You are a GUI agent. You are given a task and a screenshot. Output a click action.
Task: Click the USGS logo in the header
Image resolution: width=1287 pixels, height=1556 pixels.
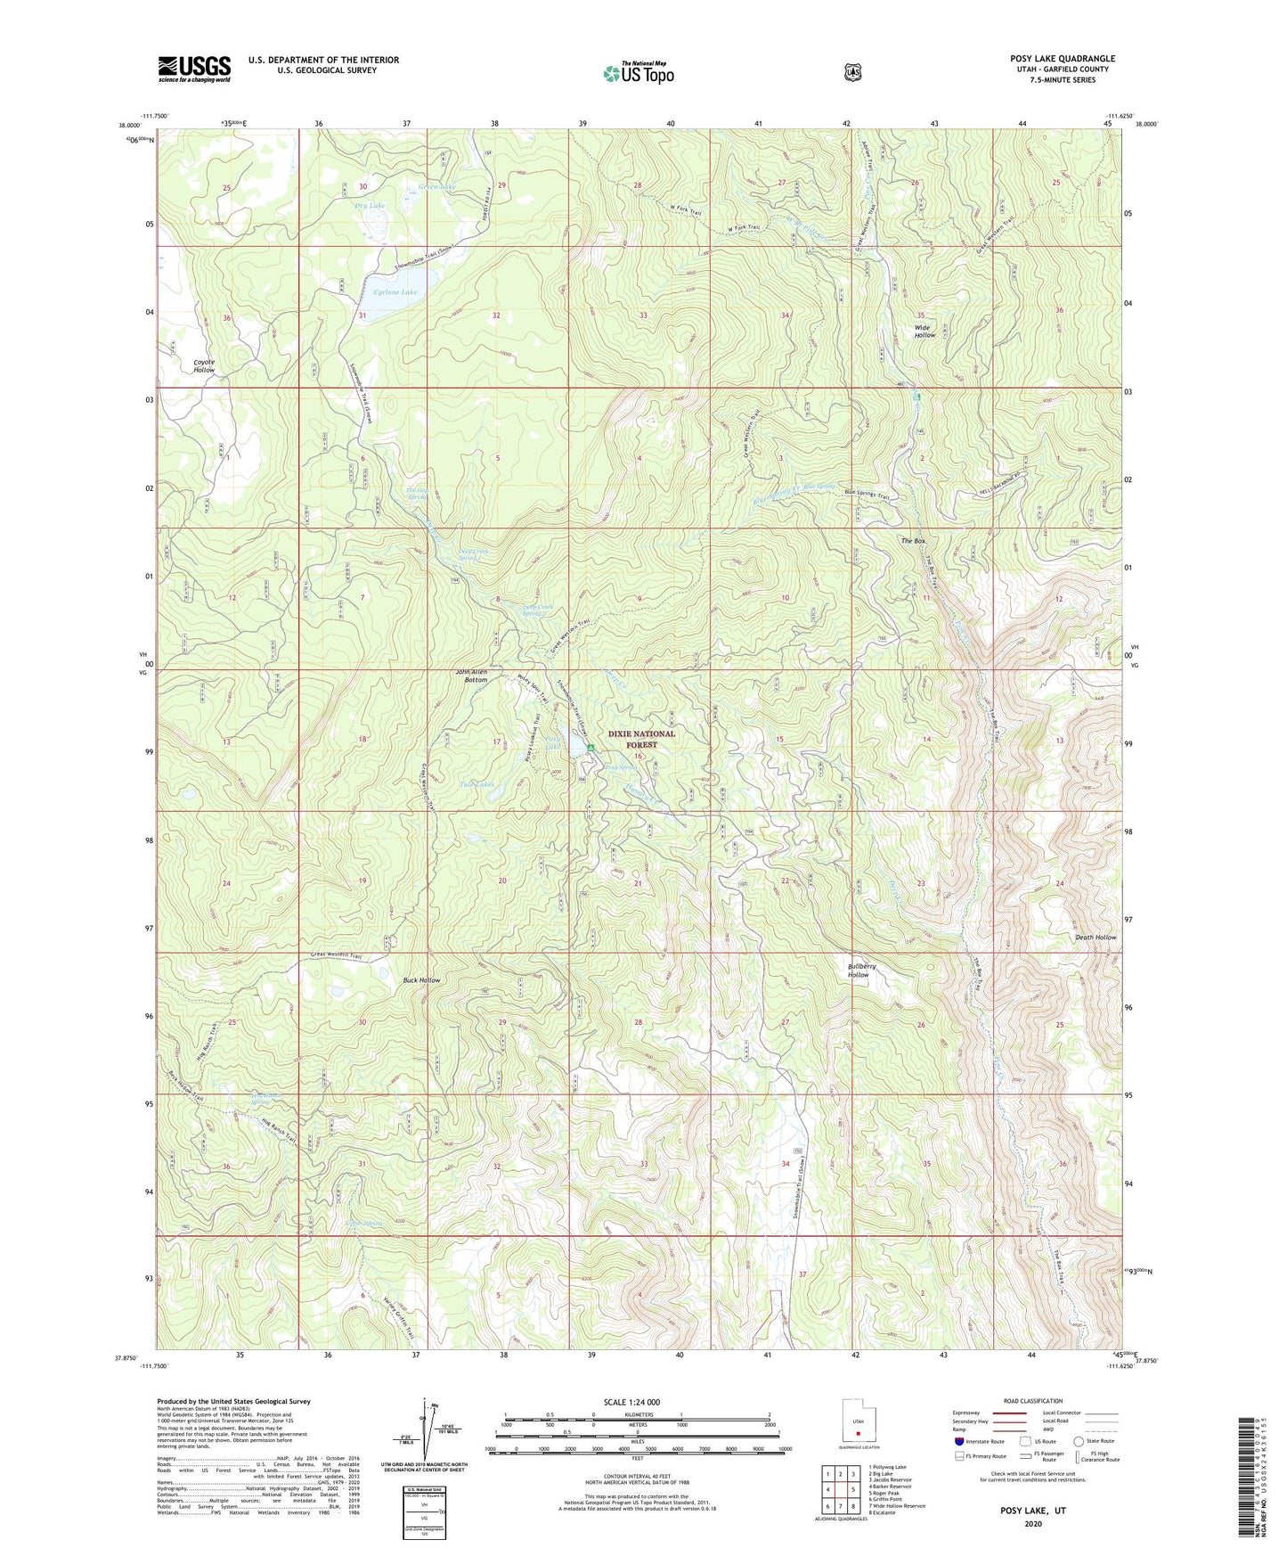(194, 68)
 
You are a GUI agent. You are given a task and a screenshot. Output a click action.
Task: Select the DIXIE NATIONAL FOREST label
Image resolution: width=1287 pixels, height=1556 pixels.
(641, 739)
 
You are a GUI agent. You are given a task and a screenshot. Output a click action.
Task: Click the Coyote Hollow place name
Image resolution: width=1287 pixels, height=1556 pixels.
(204, 365)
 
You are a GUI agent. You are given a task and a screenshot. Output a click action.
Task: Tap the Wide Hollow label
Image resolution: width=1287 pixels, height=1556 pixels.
(925, 331)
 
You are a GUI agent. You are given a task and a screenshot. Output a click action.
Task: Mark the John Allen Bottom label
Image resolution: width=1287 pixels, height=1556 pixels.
(472, 676)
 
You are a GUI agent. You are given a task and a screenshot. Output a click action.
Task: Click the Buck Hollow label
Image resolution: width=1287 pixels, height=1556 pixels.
(421, 980)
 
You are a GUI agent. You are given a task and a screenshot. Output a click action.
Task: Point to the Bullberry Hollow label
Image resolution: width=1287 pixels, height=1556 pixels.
(858, 970)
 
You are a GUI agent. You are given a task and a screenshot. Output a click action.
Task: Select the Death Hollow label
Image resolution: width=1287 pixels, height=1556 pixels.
(1095, 938)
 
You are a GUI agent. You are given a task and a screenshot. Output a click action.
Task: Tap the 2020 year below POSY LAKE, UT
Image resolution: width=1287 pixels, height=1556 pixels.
(1032, 1523)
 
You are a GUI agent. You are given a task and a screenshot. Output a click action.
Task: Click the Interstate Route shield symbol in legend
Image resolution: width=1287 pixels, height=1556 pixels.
(958, 1441)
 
